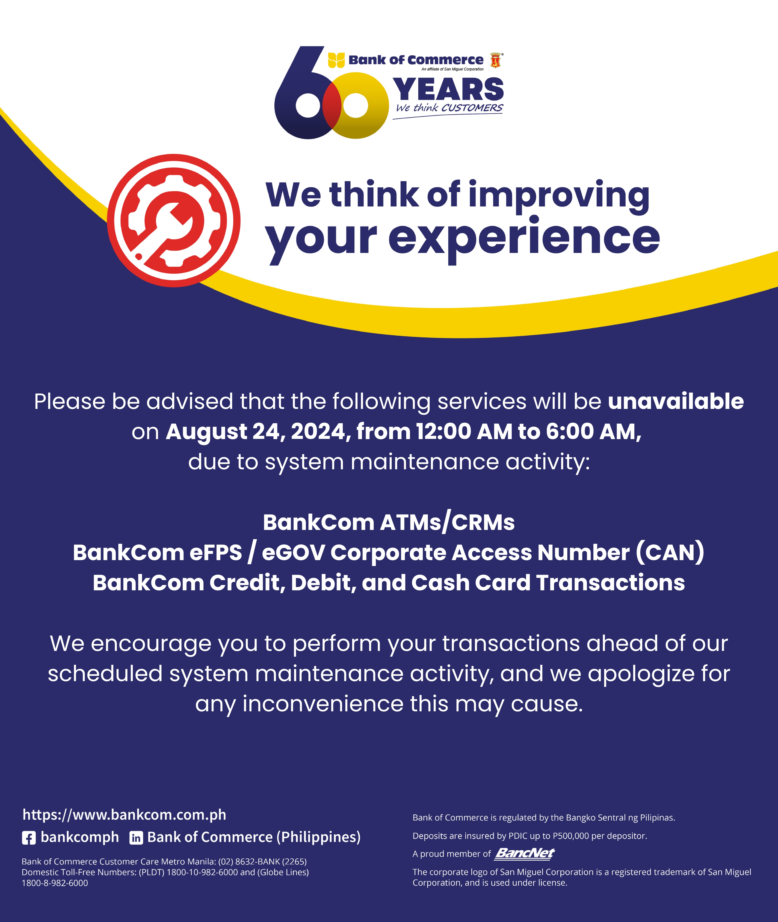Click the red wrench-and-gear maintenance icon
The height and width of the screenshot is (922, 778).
[174, 220]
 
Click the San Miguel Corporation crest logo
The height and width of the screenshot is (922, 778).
[496, 60]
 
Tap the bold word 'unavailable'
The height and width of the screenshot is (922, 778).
[676, 401]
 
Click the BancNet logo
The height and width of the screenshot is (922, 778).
[525, 854]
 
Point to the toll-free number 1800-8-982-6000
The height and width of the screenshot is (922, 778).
[55, 883]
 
